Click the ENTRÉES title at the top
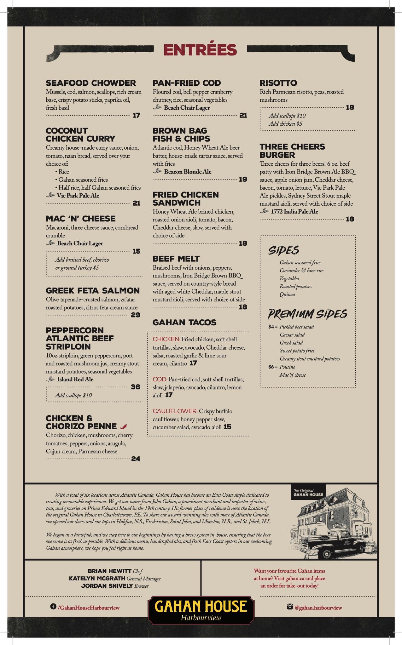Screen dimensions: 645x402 pos(200,50)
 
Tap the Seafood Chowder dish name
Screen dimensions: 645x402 pos(91,83)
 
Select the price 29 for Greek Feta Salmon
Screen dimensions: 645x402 pos(135,315)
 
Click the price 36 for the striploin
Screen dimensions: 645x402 pos(135,387)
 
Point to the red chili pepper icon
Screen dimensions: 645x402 pos(124,426)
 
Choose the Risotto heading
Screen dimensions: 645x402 pos(278,83)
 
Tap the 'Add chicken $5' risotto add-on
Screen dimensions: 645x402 pos(285,124)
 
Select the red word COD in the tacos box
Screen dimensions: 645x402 pos(160,379)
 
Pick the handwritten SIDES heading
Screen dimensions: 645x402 pos(283,250)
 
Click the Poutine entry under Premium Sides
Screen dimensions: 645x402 pos(287,367)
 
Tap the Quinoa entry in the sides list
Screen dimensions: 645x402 pos(287,294)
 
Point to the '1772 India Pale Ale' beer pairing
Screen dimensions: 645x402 pos(294,212)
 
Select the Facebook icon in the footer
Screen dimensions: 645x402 pos(53,606)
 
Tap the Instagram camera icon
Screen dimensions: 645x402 pos(290,606)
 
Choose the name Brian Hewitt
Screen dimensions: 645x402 pos(109,571)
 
